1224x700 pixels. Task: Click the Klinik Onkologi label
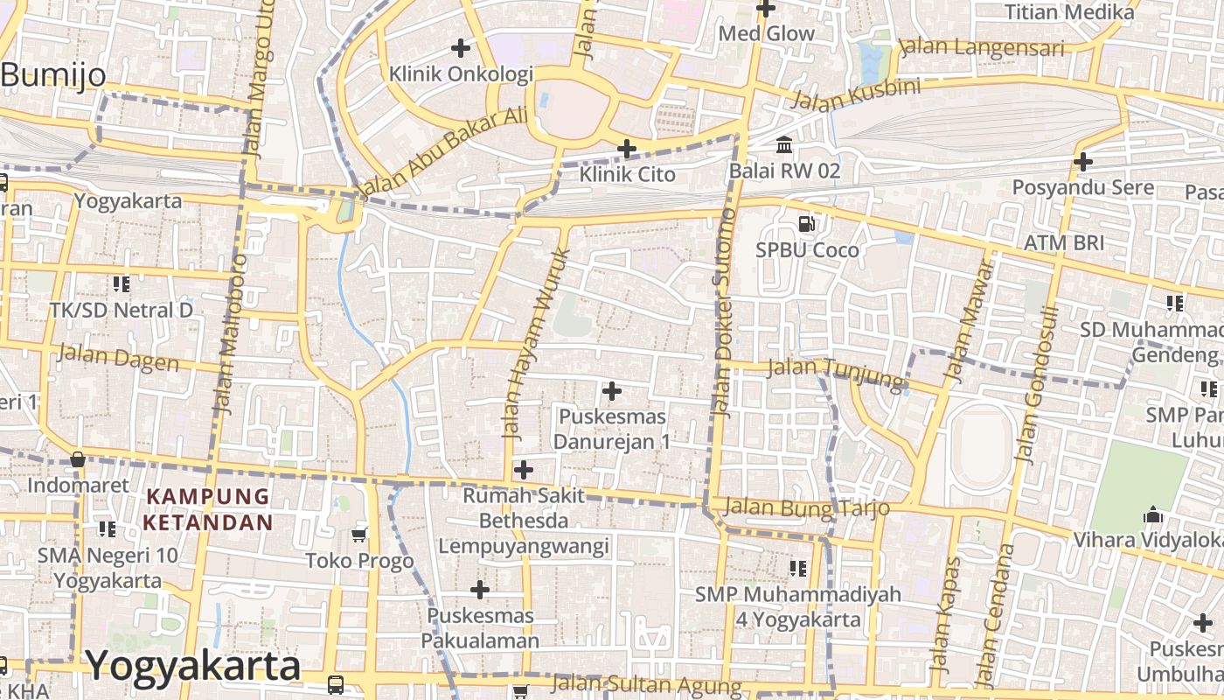coord(461,73)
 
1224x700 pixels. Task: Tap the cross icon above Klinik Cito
coord(627,149)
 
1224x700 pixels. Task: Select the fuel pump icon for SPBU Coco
coord(807,224)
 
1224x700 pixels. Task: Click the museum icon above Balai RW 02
coord(784,144)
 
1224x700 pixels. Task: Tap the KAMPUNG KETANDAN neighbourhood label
coord(208,509)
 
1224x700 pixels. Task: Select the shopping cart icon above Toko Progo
coord(358,535)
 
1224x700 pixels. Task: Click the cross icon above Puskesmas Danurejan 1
coord(612,390)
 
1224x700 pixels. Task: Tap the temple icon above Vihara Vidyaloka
coord(1153,514)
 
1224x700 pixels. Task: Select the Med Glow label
coord(766,34)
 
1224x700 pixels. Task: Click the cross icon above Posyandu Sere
coord(1083,162)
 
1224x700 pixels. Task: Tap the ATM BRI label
coord(1064,242)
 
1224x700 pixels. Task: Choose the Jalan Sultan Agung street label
coord(646,684)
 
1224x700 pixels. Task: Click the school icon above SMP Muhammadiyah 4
coord(798,569)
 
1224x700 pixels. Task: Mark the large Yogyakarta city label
coord(193,666)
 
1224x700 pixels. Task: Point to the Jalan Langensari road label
coord(982,47)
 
